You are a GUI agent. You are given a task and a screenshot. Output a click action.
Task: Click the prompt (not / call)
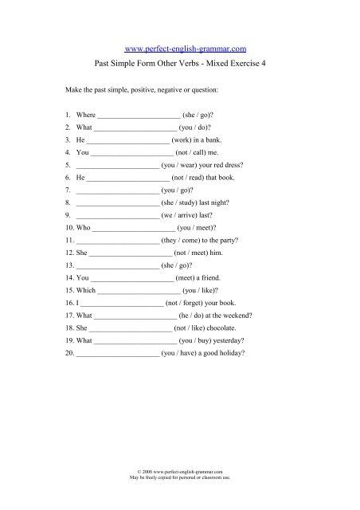tap(188, 151)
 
